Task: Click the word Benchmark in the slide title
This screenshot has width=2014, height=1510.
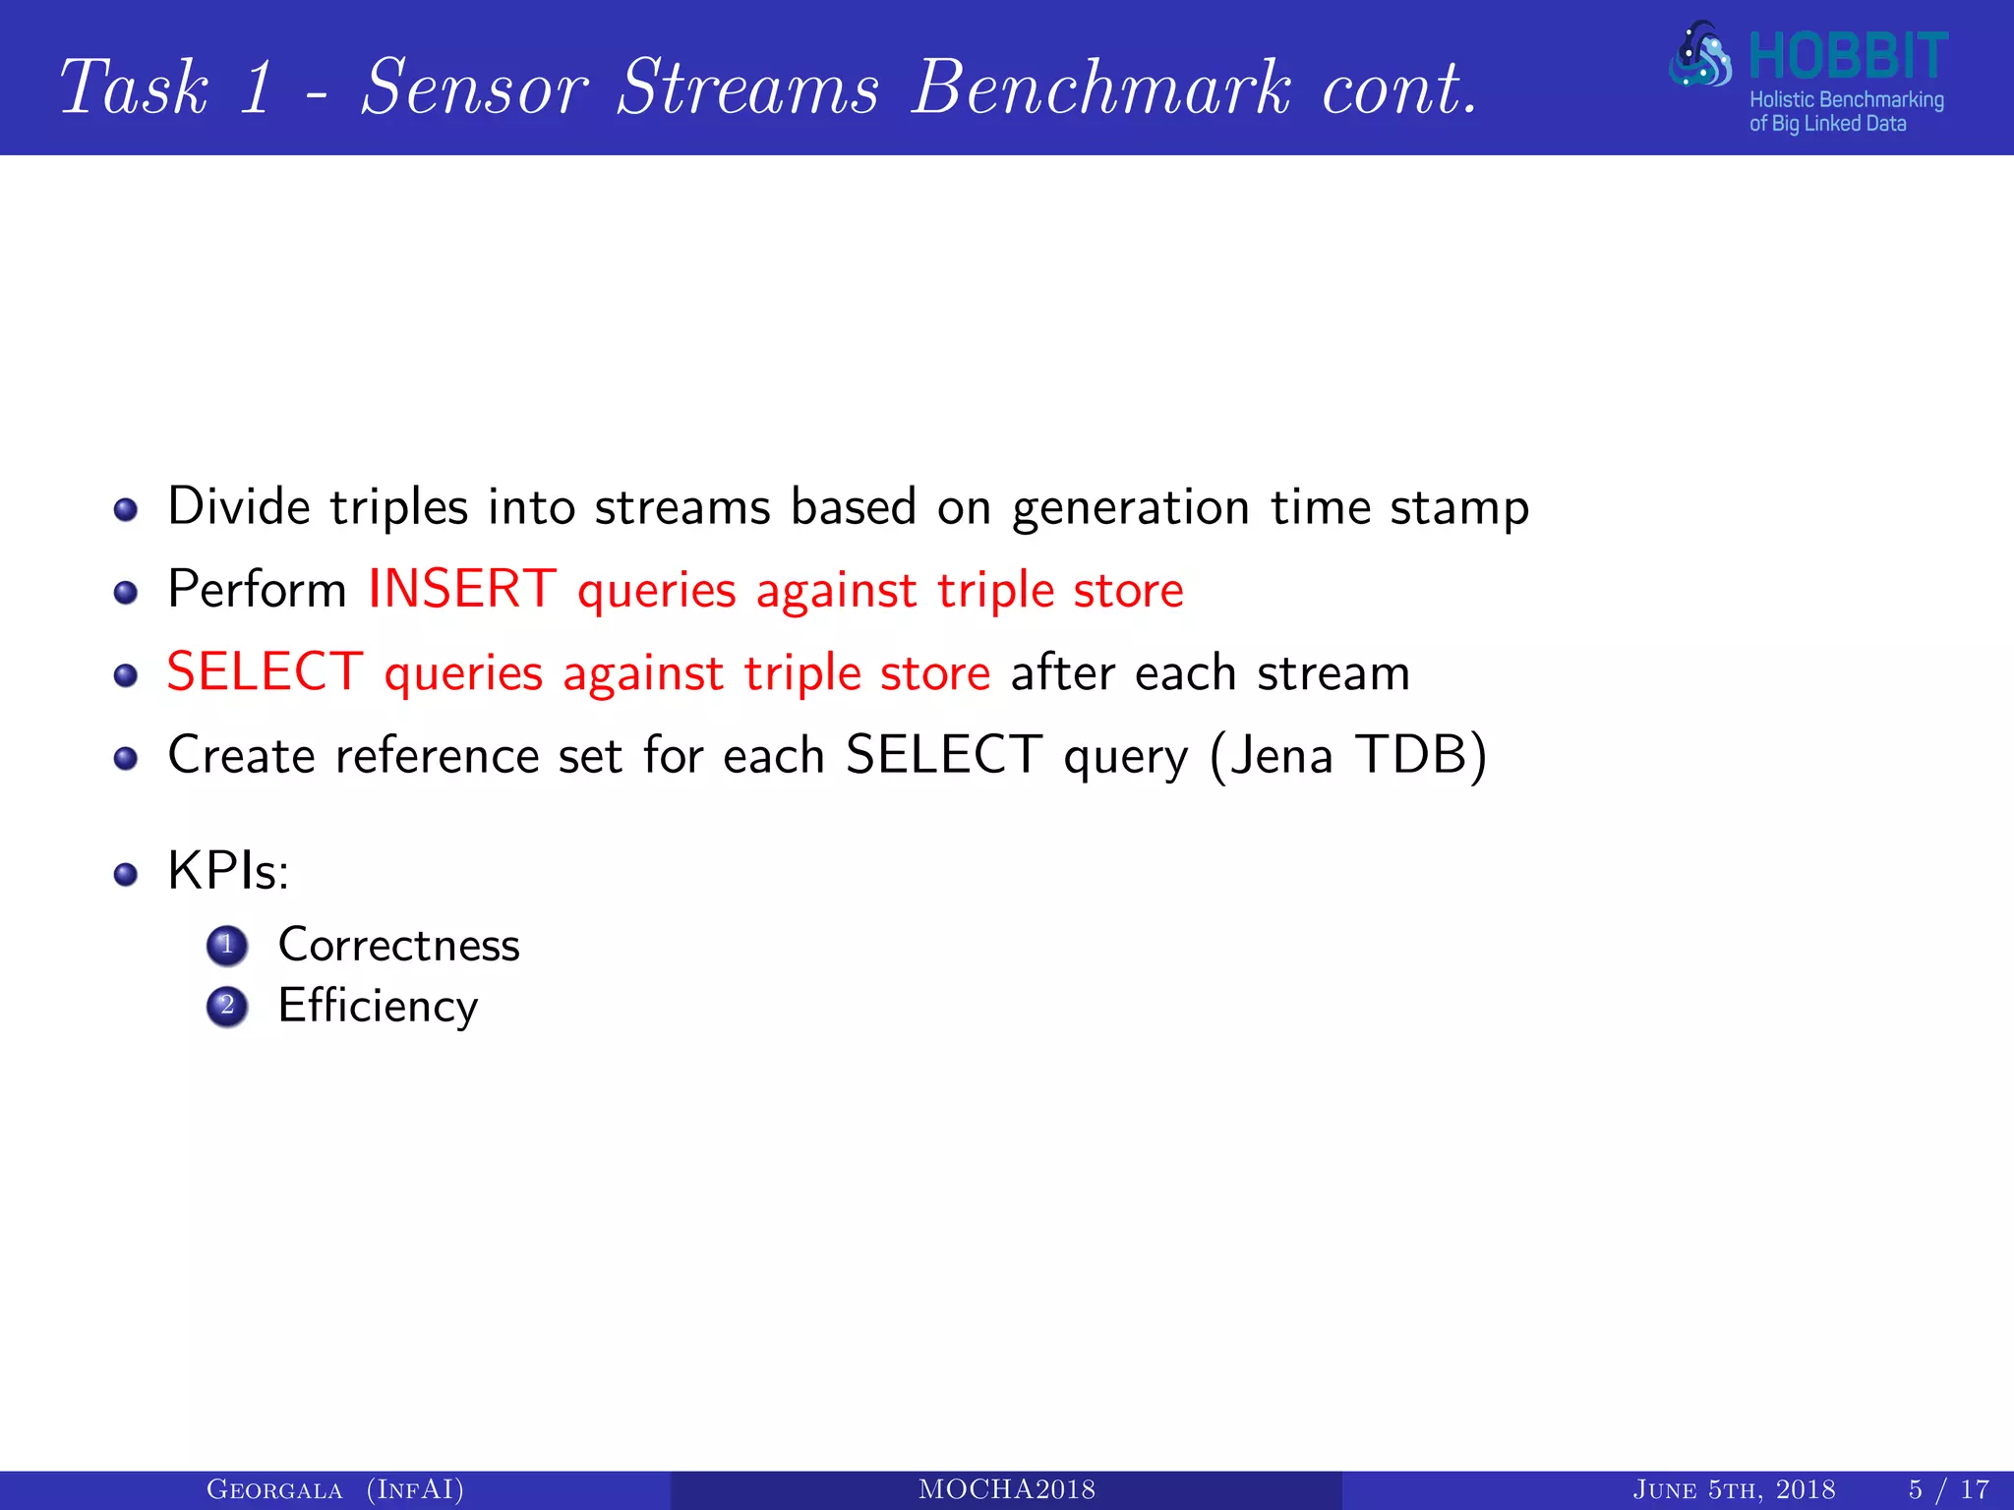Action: click(x=1101, y=88)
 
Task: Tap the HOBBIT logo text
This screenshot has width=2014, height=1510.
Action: click(x=1847, y=57)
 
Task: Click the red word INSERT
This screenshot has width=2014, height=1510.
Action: click(x=462, y=590)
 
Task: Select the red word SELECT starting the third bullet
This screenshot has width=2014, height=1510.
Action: click(x=265, y=673)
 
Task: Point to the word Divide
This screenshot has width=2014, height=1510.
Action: click(x=239, y=507)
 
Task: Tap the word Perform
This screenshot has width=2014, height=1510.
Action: click(x=257, y=590)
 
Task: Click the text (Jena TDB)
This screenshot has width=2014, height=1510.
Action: click(x=1348, y=756)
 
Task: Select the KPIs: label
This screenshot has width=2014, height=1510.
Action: click(x=228, y=871)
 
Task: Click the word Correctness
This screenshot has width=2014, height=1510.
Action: click(x=398, y=945)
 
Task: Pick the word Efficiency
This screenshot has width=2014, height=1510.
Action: click(x=378, y=1007)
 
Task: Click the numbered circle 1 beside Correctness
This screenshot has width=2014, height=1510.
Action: click(x=227, y=946)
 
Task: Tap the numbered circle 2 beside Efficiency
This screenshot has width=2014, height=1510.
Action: click(x=227, y=1007)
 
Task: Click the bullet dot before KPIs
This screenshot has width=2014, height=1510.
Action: click(x=125, y=874)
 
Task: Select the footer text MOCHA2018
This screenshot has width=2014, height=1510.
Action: click(x=1006, y=1490)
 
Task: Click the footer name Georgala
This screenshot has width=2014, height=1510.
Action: click(x=274, y=1490)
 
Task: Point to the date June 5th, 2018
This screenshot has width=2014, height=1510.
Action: click(x=1734, y=1490)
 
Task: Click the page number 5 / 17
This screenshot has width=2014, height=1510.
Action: click(x=1948, y=1490)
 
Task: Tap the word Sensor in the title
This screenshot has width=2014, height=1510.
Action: click(x=475, y=88)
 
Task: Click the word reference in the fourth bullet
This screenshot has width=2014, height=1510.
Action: click(x=436, y=756)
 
